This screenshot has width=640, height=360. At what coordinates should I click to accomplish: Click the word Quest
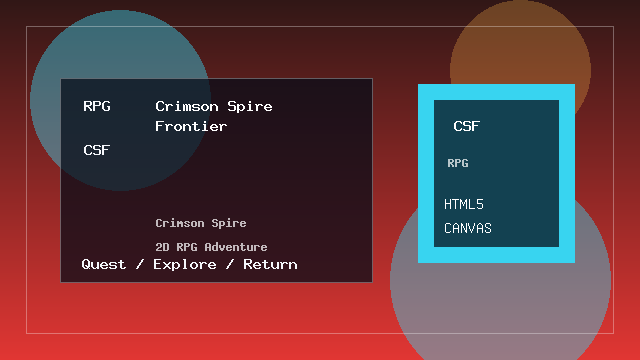pyautogui.click(x=104, y=264)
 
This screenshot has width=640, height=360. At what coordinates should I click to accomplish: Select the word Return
pyautogui.click(x=270, y=264)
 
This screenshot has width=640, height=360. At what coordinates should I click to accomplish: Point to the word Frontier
pyautogui.click(x=191, y=126)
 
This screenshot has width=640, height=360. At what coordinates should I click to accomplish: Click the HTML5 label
pyautogui.click(x=464, y=204)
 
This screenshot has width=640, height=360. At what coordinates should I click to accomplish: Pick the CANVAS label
pyautogui.click(x=468, y=228)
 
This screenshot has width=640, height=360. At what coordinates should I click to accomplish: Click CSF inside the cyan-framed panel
pyautogui.click(x=467, y=126)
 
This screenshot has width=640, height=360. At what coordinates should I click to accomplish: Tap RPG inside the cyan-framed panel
pyautogui.click(x=458, y=162)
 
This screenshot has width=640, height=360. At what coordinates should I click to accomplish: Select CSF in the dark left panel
pyautogui.click(x=97, y=150)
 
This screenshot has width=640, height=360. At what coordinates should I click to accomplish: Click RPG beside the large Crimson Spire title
pyautogui.click(x=97, y=106)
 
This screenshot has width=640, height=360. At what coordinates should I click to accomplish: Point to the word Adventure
pyautogui.click(x=236, y=246)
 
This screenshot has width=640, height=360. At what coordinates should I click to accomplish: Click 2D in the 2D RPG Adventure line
pyautogui.click(x=162, y=246)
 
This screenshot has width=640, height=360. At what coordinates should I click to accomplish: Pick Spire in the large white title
pyautogui.click(x=250, y=106)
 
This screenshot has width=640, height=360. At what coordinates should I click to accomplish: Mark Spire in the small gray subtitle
pyautogui.click(x=229, y=223)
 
